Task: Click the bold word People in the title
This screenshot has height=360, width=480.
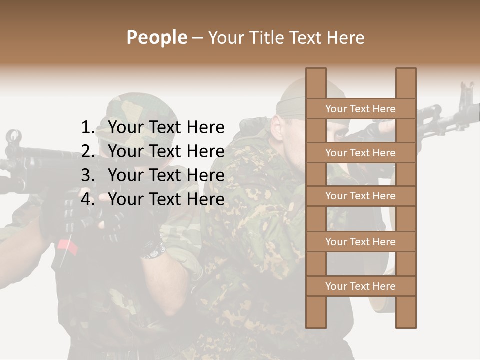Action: [156, 37]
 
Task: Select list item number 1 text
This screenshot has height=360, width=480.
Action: [166, 128]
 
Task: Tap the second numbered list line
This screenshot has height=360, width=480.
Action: [166, 151]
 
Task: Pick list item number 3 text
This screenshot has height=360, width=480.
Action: [166, 175]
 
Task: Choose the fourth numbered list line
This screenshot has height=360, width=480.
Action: [166, 199]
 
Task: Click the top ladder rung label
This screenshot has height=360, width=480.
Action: [360, 109]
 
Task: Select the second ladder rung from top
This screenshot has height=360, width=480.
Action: [360, 153]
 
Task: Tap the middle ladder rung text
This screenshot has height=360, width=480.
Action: [360, 196]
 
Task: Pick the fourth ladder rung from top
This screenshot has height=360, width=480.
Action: [360, 242]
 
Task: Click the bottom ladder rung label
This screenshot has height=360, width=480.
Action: [360, 286]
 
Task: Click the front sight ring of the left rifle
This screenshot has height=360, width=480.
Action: [13, 136]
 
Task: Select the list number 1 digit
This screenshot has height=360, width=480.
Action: [87, 128]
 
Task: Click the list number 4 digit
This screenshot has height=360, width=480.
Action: [87, 199]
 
